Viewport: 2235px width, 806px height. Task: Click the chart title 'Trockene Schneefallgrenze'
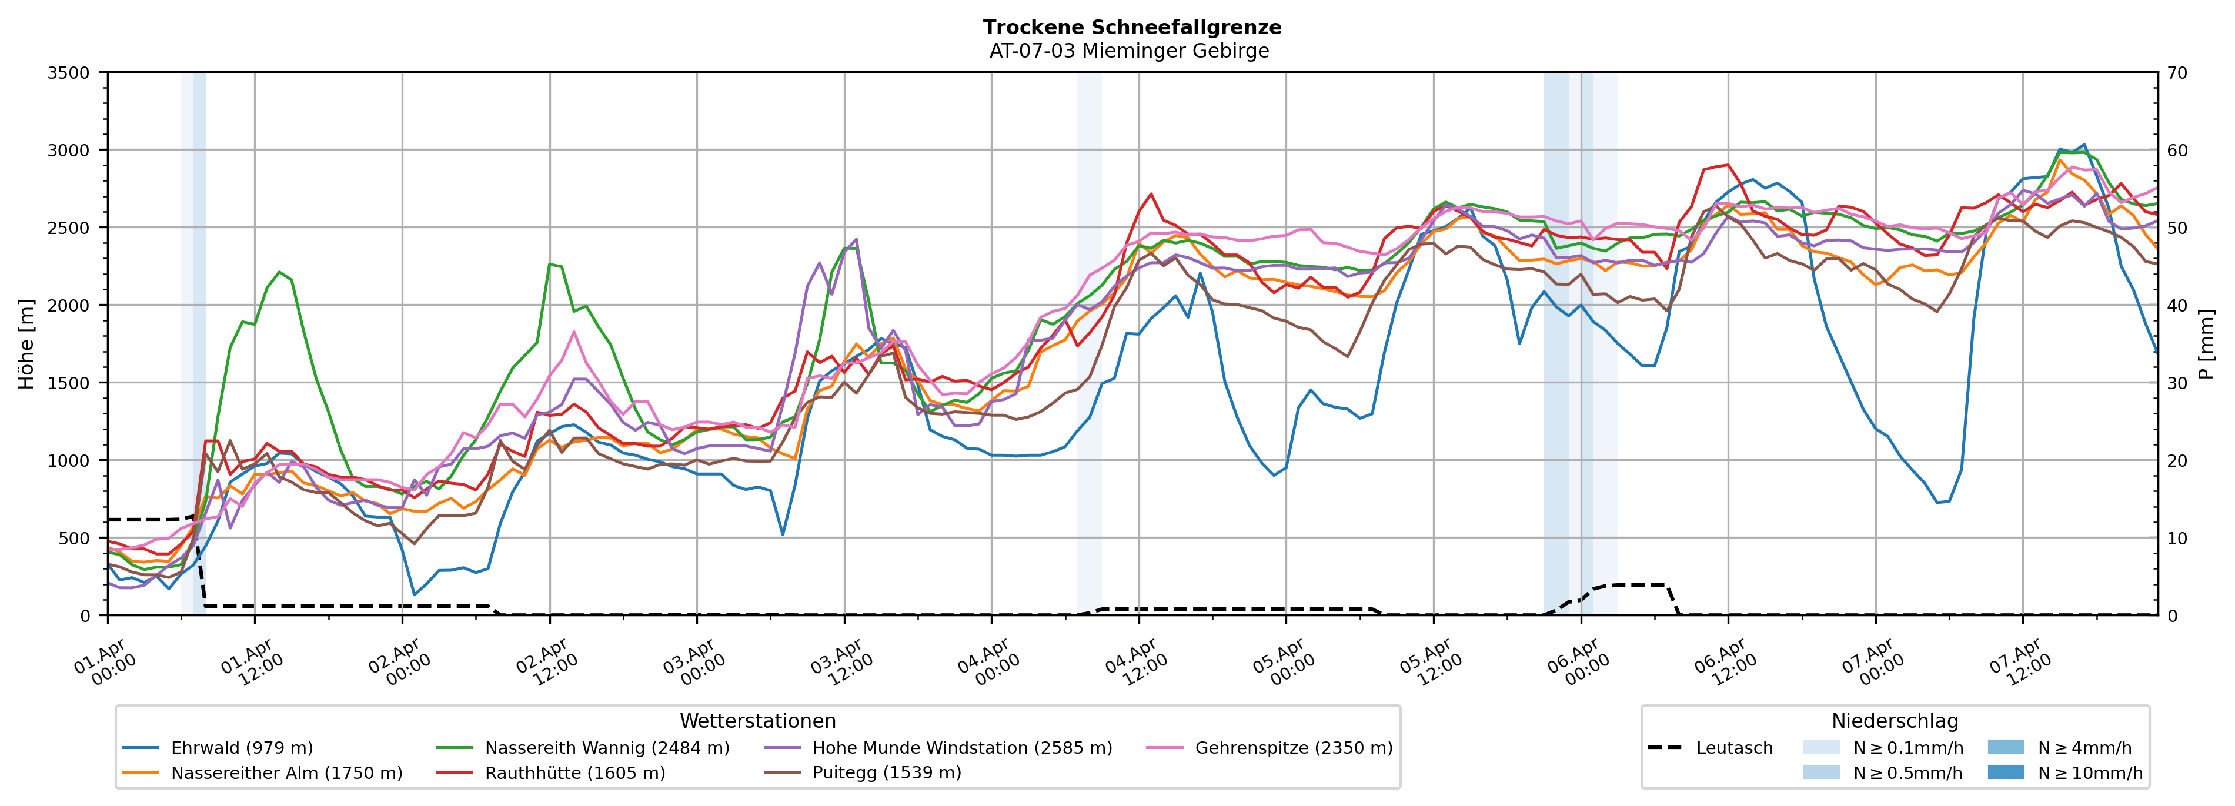pos(1131,27)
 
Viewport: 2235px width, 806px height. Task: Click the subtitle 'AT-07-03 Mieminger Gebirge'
pos(1129,51)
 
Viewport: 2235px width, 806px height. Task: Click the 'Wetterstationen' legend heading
pos(757,721)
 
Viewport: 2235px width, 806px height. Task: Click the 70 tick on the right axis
pos(2178,73)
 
